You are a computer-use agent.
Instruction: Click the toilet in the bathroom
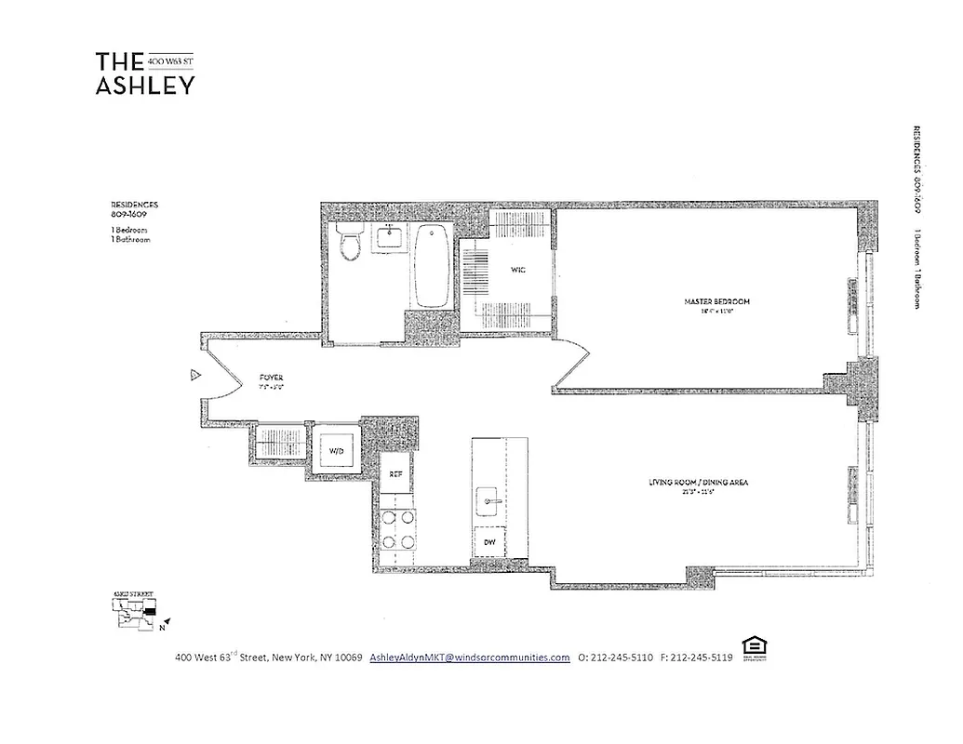point(351,242)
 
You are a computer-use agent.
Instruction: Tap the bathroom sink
point(390,238)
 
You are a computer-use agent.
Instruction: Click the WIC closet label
point(517,271)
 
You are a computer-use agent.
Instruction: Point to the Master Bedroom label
point(716,302)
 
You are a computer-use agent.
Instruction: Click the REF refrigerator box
point(395,474)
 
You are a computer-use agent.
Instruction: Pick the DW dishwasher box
point(488,541)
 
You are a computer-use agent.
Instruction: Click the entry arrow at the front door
point(194,376)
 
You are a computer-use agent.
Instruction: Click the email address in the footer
point(469,658)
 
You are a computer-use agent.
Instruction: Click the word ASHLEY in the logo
point(145,86)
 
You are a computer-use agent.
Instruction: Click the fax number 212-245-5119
point(695,658)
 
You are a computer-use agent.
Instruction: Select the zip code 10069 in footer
point(344,658)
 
